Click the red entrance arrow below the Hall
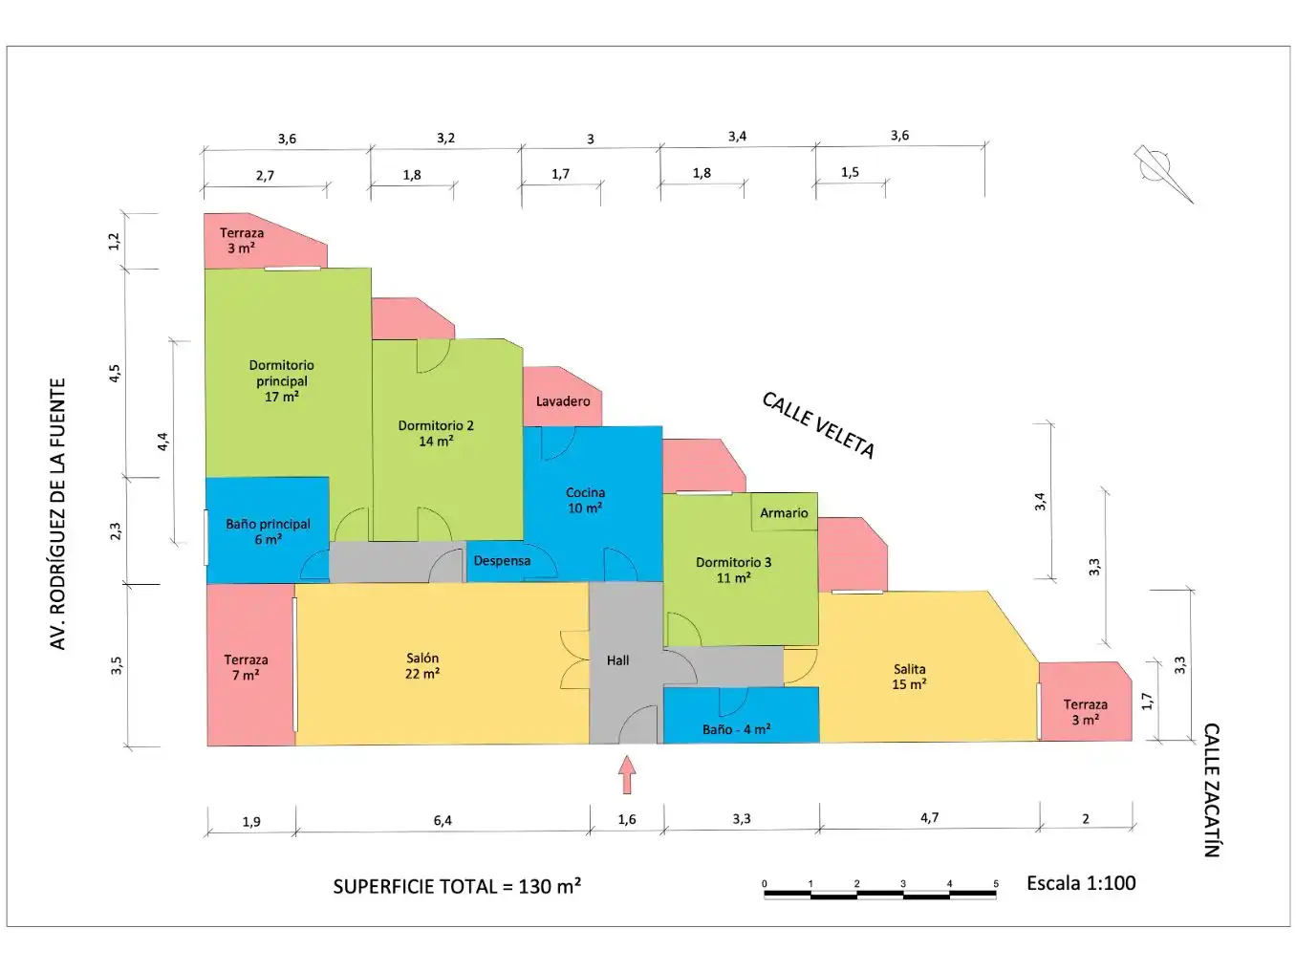click(627, 775)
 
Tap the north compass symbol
click(1161, 172)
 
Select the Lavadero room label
click(563, 402)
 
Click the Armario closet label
click(784, 513)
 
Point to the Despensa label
click(502, 561)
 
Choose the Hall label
click(617, 660)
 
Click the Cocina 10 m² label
click(585, 501)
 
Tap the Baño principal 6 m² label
click(268, 531)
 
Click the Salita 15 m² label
click(909, 677)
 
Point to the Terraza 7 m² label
click(246, 667)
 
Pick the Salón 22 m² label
click(422, 666)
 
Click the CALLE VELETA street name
click(818, 425)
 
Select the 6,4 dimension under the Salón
click(443, 820)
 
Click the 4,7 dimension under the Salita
click(929, 818)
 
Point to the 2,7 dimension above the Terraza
click(265, 175)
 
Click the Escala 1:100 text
click(1081, 883)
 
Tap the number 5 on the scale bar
click(996, 883)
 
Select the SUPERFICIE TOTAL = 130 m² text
click(457, 886)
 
